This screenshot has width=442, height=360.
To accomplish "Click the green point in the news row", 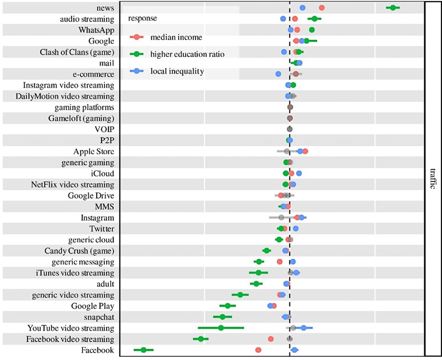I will pos(393,7).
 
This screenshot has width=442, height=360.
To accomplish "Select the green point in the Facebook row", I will pos(144,350).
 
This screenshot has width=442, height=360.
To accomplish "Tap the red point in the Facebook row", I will pos(258,350).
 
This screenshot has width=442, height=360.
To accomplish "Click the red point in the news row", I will pos(322,7).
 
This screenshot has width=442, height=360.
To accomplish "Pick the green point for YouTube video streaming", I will pos(221,328).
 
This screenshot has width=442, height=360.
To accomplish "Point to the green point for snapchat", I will pos(223,317).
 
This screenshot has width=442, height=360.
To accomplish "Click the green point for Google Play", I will pos(228,306).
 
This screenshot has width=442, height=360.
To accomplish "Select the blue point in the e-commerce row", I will pos(278,74).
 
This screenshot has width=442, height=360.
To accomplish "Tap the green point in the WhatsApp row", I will pos(312,29).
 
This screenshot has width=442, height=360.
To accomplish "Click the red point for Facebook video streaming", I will pos(270,339).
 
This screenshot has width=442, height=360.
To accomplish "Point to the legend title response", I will pos(143,18).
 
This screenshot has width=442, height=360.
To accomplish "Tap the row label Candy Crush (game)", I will pos(80,251).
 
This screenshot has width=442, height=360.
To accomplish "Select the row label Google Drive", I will pos(91,195).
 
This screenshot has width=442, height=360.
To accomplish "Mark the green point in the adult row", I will pos(256,284).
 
